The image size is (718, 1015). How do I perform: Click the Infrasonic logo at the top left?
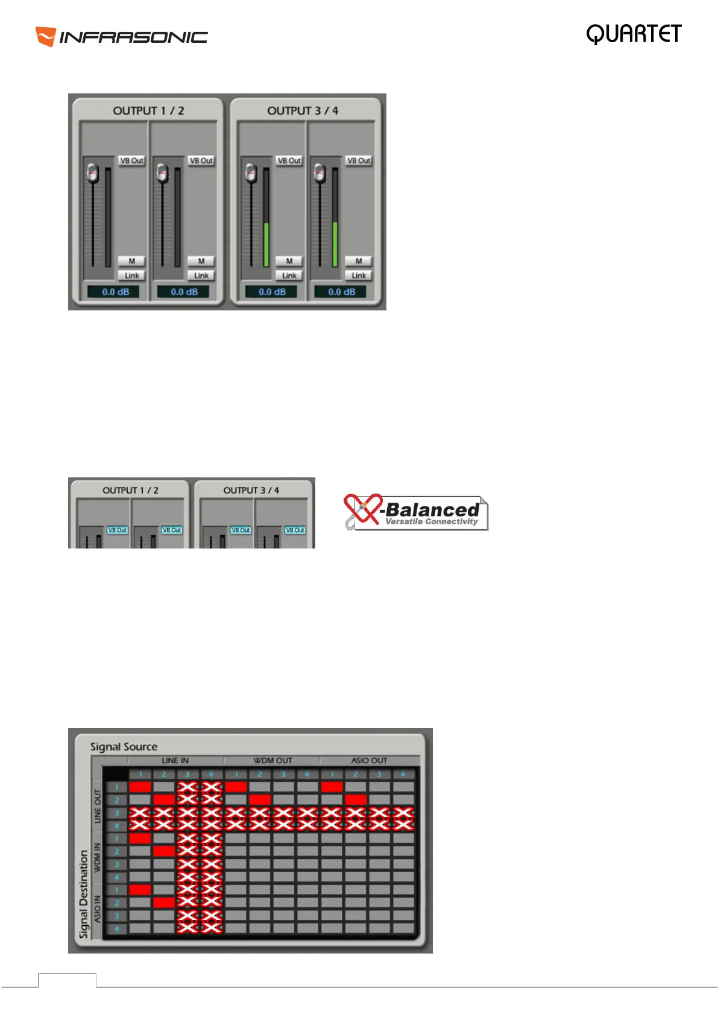click(121, 37)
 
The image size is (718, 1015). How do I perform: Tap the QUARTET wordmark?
click(634, 34)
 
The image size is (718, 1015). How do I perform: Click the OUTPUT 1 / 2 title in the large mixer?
click(148, 111)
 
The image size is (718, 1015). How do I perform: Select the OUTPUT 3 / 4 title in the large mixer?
click(303, 111)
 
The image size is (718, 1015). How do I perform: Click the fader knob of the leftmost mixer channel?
click(92, 173)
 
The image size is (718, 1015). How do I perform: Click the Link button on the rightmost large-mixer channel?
click(359, 275)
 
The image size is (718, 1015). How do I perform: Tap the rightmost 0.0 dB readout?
click(341, 292)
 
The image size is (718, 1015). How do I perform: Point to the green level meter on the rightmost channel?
click(335, 244)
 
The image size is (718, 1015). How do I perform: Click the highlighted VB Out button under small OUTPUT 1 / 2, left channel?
click(117, 530)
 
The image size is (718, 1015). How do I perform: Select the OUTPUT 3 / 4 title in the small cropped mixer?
click(251, 491)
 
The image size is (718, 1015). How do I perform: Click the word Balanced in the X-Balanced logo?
click(432, 510)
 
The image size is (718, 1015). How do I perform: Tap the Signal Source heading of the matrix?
click(124, 747)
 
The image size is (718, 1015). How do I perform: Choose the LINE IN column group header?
click(175, 761)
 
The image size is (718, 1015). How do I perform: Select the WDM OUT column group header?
click(272, 761)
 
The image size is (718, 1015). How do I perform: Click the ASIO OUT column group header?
click(369, 761)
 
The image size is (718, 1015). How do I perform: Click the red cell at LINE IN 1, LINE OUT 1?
click(140, 787)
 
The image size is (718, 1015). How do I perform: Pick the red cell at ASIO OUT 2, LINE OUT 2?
click(356, 799)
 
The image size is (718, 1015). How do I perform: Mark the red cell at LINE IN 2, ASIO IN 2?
click(164, 902)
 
